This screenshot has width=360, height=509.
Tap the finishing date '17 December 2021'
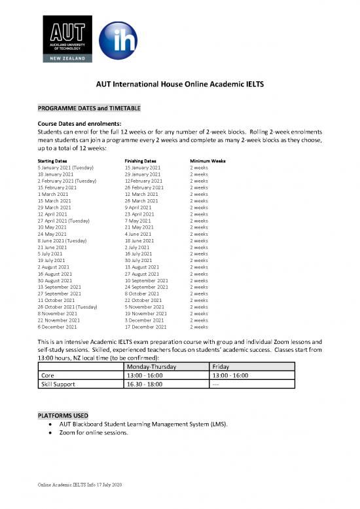[145, 326]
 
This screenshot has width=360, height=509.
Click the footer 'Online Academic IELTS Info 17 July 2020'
[81, 485]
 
